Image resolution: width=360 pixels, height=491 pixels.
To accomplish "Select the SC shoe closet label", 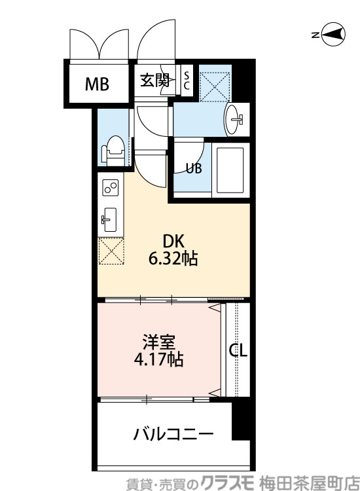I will (186, 81).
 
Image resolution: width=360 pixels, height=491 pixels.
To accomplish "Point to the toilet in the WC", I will (114, 150).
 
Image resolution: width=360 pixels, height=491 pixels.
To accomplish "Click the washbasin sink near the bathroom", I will (234, 119).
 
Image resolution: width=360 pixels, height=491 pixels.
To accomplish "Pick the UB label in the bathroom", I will (193, 168).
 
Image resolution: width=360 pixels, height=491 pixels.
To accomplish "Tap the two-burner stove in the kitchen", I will (110, 189).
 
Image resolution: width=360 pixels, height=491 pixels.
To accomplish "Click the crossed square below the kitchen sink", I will (111, 251).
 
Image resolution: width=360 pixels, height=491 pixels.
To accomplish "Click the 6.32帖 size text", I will (173, 259).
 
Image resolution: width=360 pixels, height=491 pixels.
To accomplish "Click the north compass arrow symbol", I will (334, 35).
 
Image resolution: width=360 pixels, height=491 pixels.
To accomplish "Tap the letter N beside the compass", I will (315, 35).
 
